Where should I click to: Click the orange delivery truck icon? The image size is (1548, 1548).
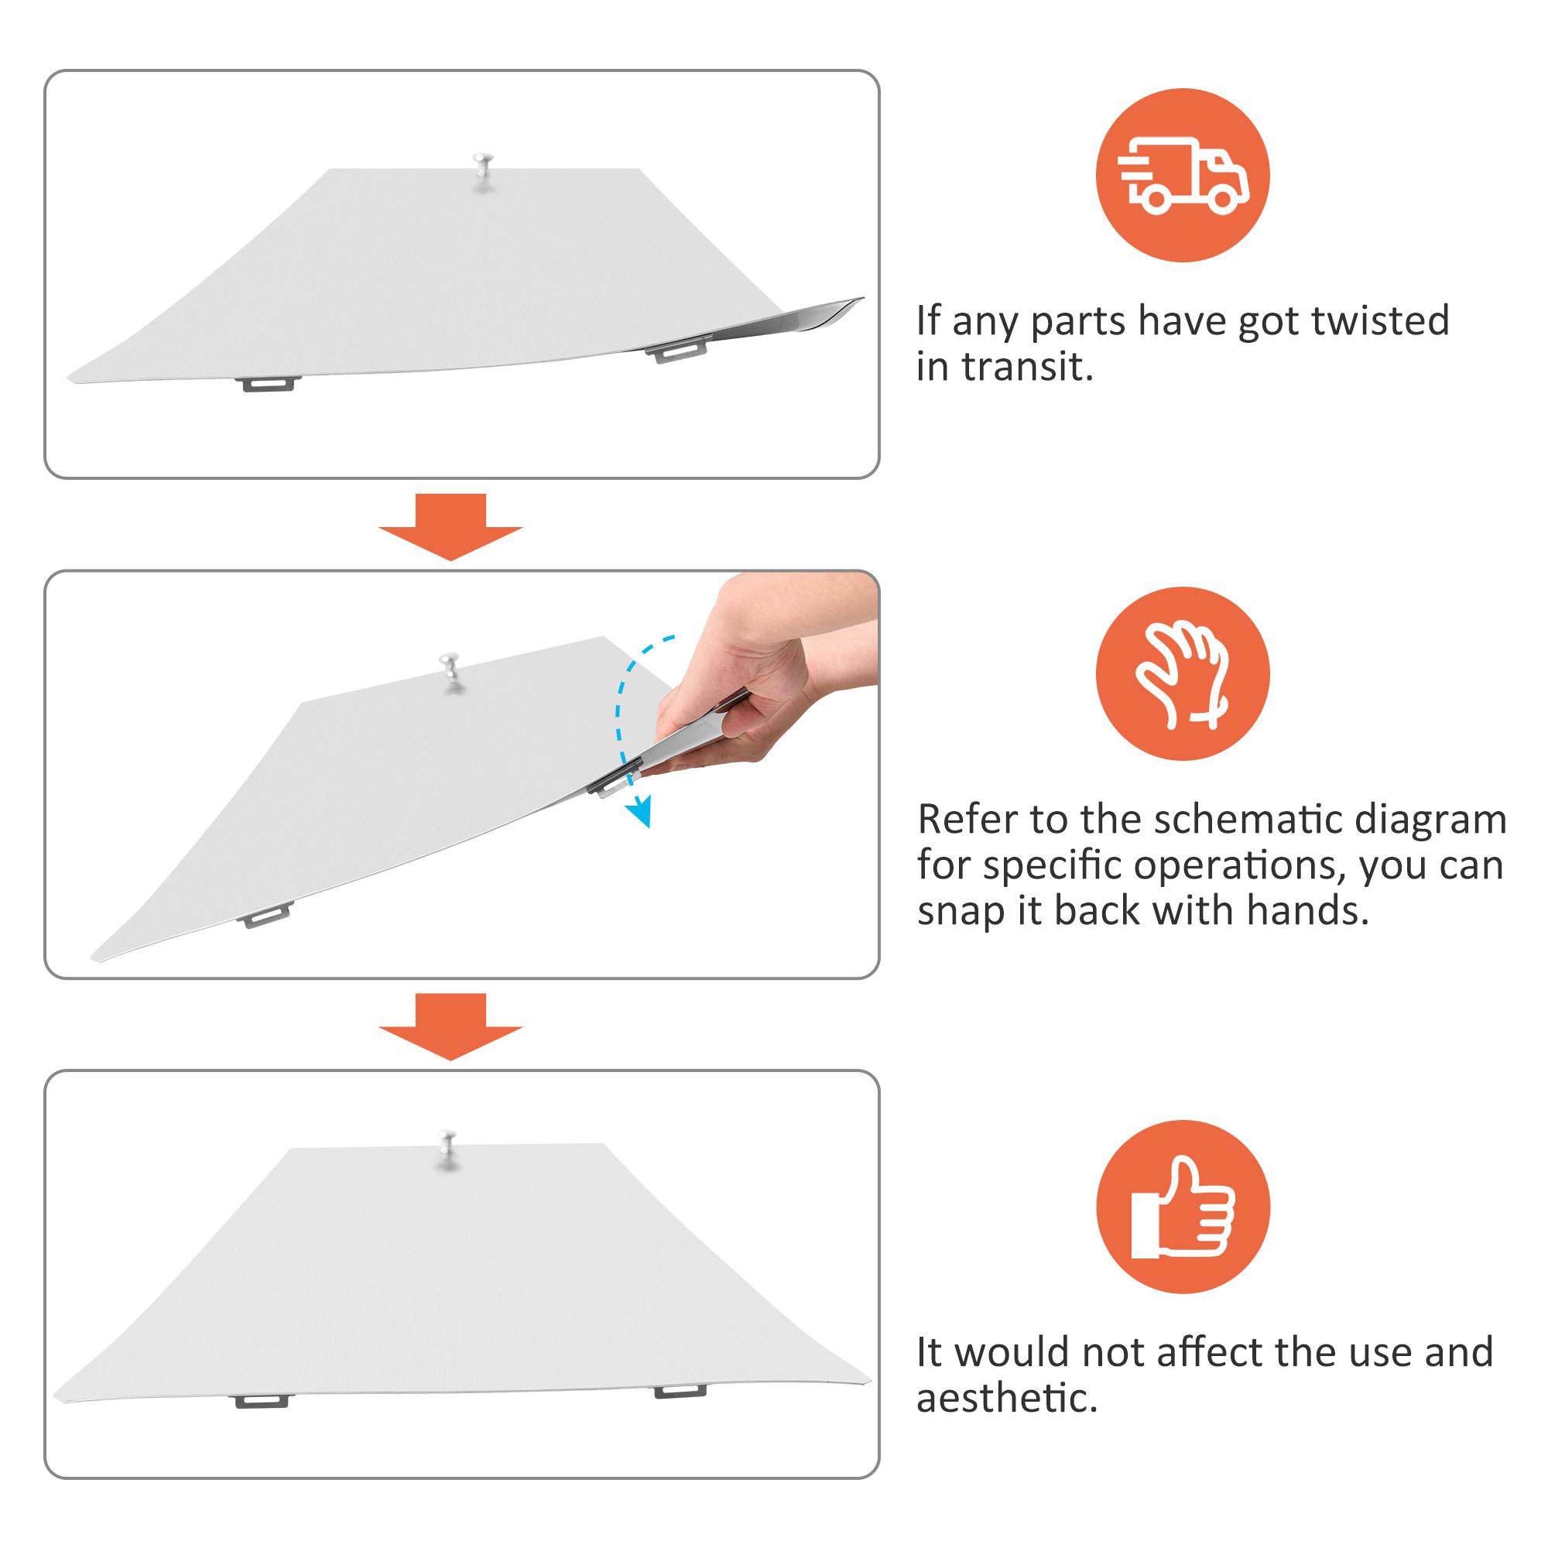pyautogui.click(x=1183, y=175)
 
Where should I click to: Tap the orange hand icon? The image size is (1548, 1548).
pyautogui.click(x=1183, y=673)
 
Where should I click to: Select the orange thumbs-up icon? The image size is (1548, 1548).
pyautogui.click(x=1183, y=1207)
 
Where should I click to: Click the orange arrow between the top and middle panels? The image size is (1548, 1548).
pyautogui.click(x=450, y=526)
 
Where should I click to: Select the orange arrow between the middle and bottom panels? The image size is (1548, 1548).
pyautogui.click(x=450, y=1026)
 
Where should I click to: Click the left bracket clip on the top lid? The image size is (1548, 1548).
pyautogui.click(x=269, y=385)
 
